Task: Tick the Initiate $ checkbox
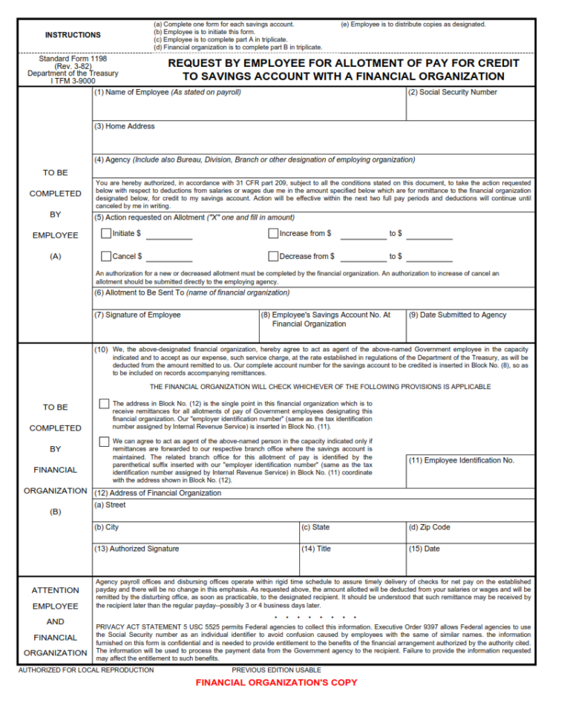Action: pyautogui.click(x=105, y=233)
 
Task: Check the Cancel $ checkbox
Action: pyautogui.click(x=105, y=256)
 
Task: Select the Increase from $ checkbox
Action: pyautogui.click(x=273, y=233)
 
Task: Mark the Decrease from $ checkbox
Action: pyautogui.click(x=273, y=256)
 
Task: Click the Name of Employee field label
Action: pyautogui.click(x=167, y=92)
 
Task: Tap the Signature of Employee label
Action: pyautogui.click(x=137, y=315)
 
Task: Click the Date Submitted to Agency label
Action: pyautogui.click(x=458, y=315)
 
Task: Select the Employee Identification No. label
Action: pyautogui.click(x=462, y=460)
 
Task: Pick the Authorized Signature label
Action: pyautogui.click(x=137, y=549)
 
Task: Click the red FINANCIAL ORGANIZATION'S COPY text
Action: pyautogui.click(x=276, y=682)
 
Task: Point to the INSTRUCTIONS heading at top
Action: pyautogui.click(x=73, y=35)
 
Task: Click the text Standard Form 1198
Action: pyautogui.click(x=73, y=58)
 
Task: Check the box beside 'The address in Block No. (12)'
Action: pyautogui.click(x=104, y=404)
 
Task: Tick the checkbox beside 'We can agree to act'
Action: pyautogui.click(x=104, y=442)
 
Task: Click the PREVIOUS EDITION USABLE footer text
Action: pyautogui.click(x=276, y=670)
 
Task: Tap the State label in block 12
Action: pyautogui.click(x=316, y=527)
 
